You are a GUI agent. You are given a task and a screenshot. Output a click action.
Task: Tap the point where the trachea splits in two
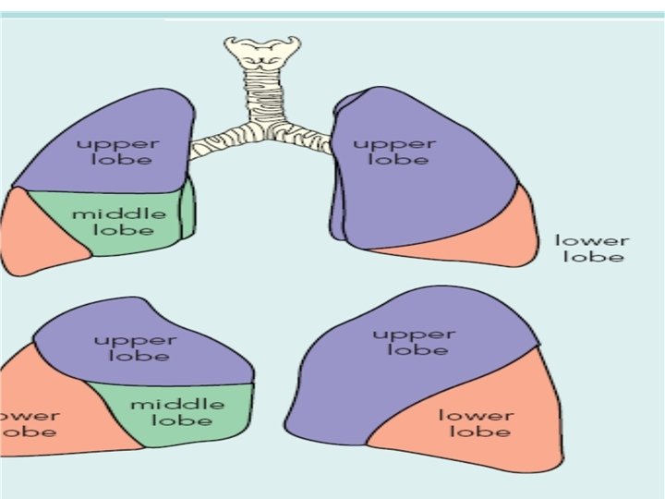[264, 129]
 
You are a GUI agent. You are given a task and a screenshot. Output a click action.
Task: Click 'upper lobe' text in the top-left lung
[117, 152]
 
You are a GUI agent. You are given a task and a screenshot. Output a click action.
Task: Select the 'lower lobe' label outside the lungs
[591, 249]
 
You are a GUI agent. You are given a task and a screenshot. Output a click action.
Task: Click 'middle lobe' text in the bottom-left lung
[176, 412]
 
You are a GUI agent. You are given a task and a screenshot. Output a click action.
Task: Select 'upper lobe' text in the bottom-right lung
[413, 341]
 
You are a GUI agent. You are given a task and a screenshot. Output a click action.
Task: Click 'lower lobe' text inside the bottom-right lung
[474, 422]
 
